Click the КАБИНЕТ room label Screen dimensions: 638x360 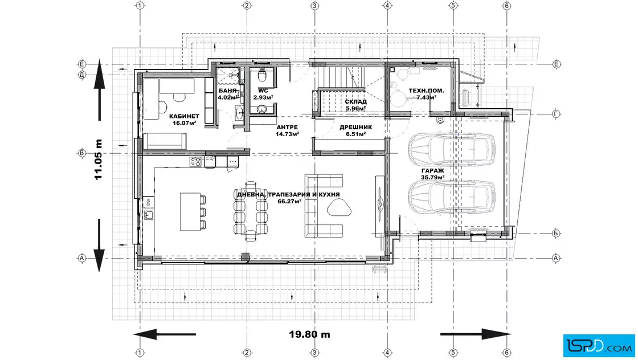[185, 116]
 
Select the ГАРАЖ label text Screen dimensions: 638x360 [432, 171]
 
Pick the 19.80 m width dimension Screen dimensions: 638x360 [310, 334]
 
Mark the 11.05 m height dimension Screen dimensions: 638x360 [98, 159]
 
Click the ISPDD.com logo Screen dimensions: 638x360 [599, 346]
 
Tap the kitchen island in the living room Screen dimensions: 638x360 [190, 212]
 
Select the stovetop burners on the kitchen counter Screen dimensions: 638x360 [195, 162]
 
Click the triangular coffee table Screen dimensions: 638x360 [339, 208]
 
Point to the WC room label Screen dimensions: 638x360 [263, 91]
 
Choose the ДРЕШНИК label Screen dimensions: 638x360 [355, 128]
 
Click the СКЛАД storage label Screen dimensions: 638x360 [355, 102]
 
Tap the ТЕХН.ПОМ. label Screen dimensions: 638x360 [427, 91]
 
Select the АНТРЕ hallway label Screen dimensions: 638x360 [287, 128]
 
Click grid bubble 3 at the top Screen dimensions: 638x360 [314, 6]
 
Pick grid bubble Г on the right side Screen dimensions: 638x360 [556, 114]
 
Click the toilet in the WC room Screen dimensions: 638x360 [263, 75]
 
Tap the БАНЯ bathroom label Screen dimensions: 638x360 [227, 91]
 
